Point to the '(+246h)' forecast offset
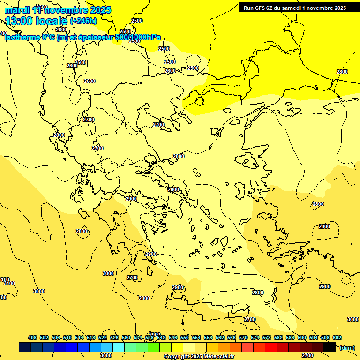[x=83, y=21]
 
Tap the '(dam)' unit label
[x=347, y=347]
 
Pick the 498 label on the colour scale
[x=32, y=337]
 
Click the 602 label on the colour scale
[x=337, y=337]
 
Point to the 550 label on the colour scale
[x=185, y=337]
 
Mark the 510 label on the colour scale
[x=67, y=337]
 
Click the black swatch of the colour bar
[x=330, y=347]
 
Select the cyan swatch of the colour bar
[x=119, y=347]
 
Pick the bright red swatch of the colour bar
[x=271, y=347]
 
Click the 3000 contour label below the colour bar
[x=106, y=355]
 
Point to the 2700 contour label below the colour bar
[x=307, y=355]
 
